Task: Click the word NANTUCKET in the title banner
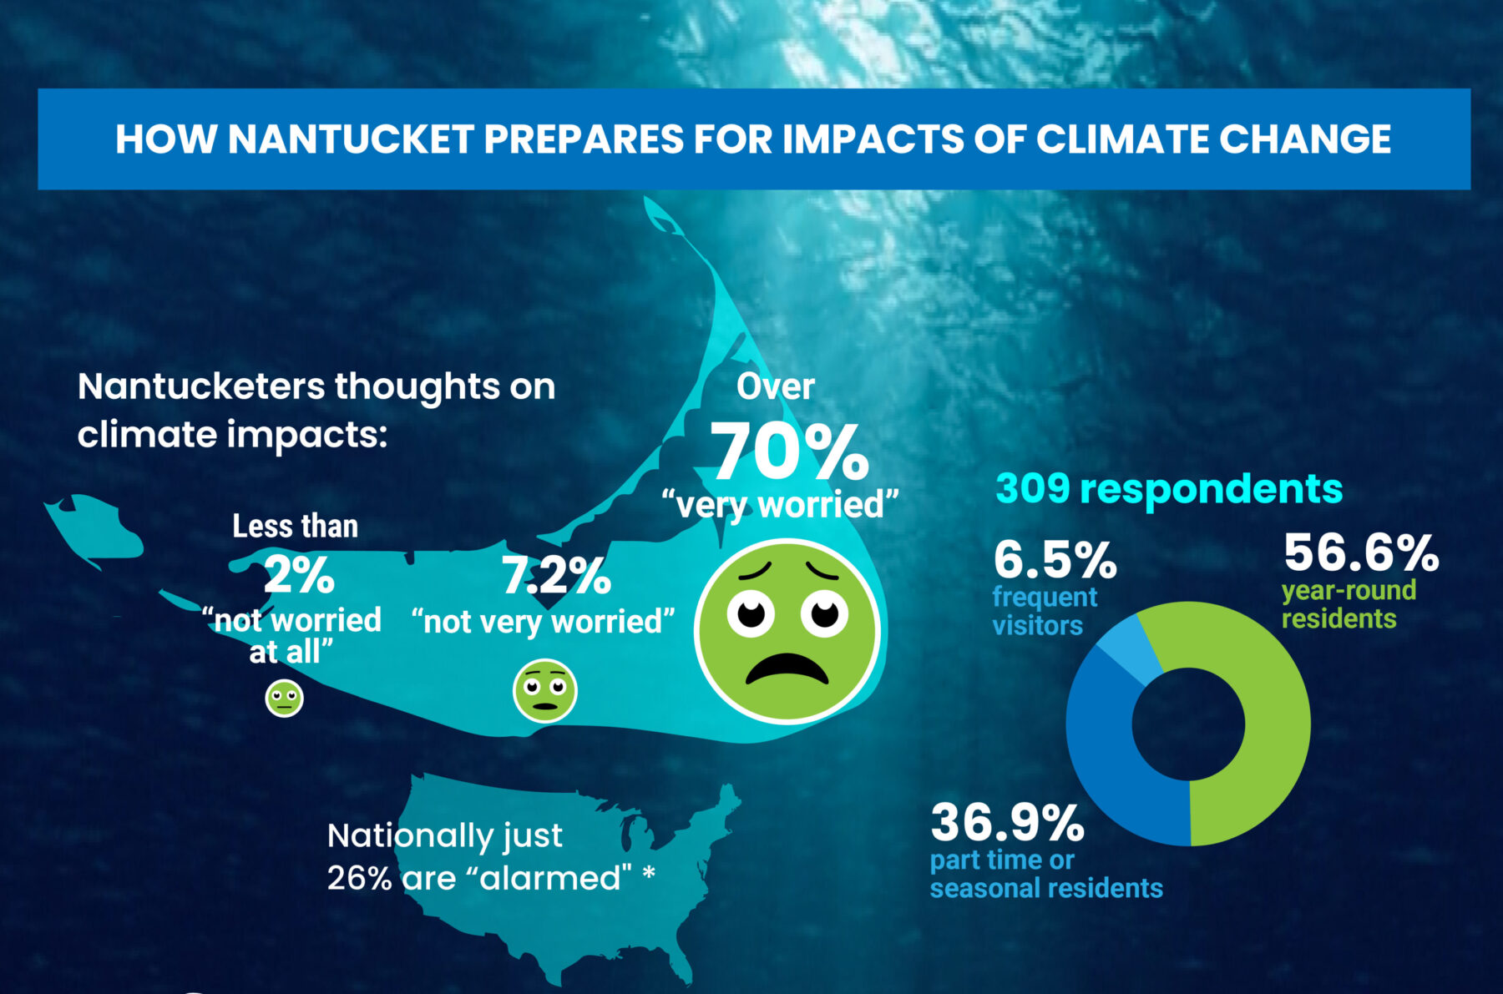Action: coord(352,139)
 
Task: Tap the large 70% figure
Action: coord(789,452)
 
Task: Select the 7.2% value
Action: coord(556,576)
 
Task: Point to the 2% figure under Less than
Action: coord(299,575)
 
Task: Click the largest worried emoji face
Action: coord(787,630)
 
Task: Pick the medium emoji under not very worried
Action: coord(544,690)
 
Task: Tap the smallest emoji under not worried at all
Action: coord(284,698)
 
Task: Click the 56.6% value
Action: coord(1361,553)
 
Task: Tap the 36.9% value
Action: coord(1007,823)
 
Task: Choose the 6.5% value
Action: coord(1055,560)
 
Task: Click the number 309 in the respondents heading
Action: coord(1032,488)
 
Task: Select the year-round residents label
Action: coord(1349,604)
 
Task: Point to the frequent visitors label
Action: coord(1044,611)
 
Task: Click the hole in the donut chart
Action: coord(1188,724)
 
